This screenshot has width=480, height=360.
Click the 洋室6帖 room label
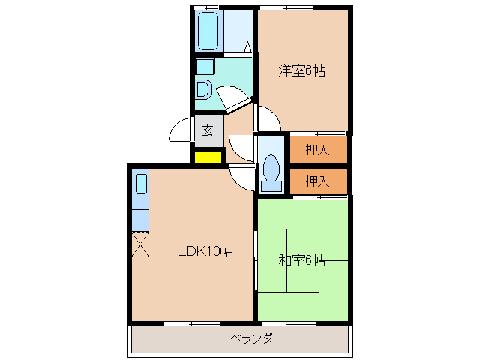[x=303, y=72]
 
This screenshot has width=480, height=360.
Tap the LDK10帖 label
[x=205, y=252]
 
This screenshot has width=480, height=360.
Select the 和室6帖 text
[x=301, y=261]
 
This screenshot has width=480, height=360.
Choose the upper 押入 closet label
[x=318, y=149]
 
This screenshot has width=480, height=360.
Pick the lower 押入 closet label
[x=318, y=181]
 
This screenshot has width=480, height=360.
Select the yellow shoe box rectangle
[x=208, y=157]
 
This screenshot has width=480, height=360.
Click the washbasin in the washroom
[x=202, y=89]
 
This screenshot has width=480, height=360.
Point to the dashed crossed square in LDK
[x=141, y=244]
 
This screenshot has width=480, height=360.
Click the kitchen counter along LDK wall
[x=141, y=200]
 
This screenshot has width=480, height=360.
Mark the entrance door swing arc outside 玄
[x=181, y=131]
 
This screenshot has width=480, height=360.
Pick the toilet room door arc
[x=241, y=147]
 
